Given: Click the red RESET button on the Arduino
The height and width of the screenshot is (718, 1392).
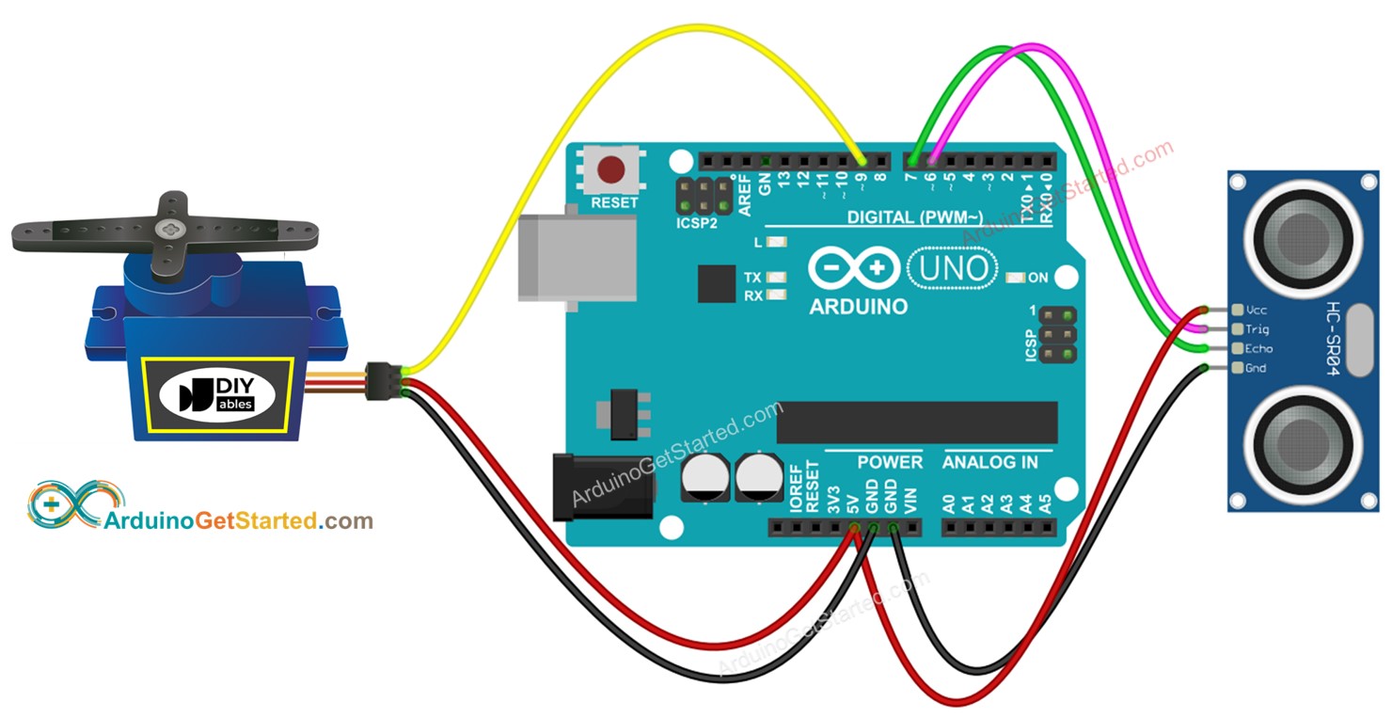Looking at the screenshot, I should point(612,170).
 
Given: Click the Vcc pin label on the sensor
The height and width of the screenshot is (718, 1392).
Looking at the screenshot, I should point(1256,310).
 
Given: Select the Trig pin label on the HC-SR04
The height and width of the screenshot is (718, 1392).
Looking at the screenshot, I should point(1257,329).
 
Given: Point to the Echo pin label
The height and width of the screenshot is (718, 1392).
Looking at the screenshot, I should point(1258,349).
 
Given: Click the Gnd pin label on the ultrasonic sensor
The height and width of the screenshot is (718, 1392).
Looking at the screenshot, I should point(1256,369).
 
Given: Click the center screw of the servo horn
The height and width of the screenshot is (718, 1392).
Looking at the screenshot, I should point(171,228).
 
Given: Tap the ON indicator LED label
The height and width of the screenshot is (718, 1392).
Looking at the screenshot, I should point(1036,279).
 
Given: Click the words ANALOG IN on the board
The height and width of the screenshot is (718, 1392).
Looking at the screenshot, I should point(989,462).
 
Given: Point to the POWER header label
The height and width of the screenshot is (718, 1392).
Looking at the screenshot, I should point(889,462).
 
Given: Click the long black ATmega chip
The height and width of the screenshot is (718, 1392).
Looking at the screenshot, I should point(916,423).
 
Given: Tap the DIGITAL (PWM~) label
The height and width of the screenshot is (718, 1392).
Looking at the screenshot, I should point(913,217).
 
